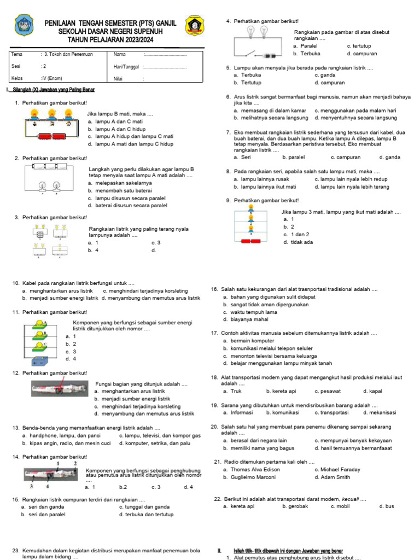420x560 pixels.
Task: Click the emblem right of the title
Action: (194, 26)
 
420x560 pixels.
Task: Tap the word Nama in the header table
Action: (119, 54)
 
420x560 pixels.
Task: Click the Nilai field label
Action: (118, 79)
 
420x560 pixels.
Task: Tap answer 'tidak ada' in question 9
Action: (301, 242)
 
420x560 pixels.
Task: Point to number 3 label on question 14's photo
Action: (32, 486)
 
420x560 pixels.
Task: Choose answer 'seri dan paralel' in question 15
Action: (46, 515)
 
